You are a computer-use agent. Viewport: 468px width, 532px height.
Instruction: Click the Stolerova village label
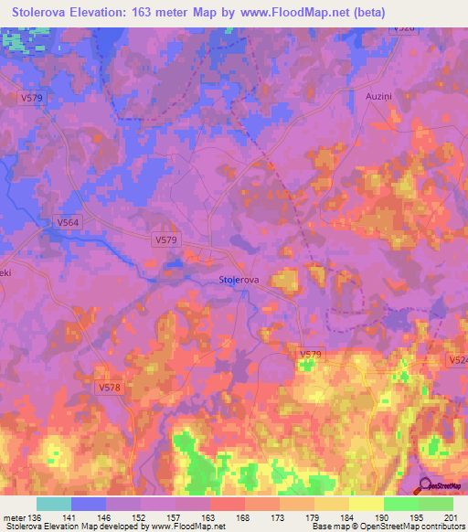coord(240,280)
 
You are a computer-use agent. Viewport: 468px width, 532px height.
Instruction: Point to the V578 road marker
coord(108,388)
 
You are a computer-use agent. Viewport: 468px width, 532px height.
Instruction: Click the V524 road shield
coord(458,362)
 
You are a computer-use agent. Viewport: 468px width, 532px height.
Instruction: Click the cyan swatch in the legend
coord(54,504)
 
